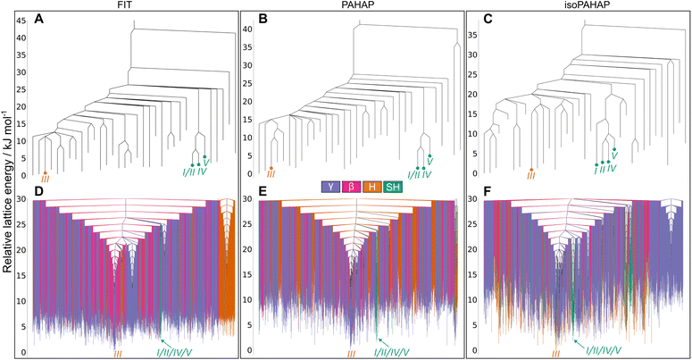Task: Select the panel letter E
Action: click(x=264, y=191)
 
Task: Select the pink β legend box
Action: click(x=352, y=187)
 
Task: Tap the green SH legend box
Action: click(x=392, y=187)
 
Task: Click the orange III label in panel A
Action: click(x=45, y=180)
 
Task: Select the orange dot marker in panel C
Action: click(x=531, y=169)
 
